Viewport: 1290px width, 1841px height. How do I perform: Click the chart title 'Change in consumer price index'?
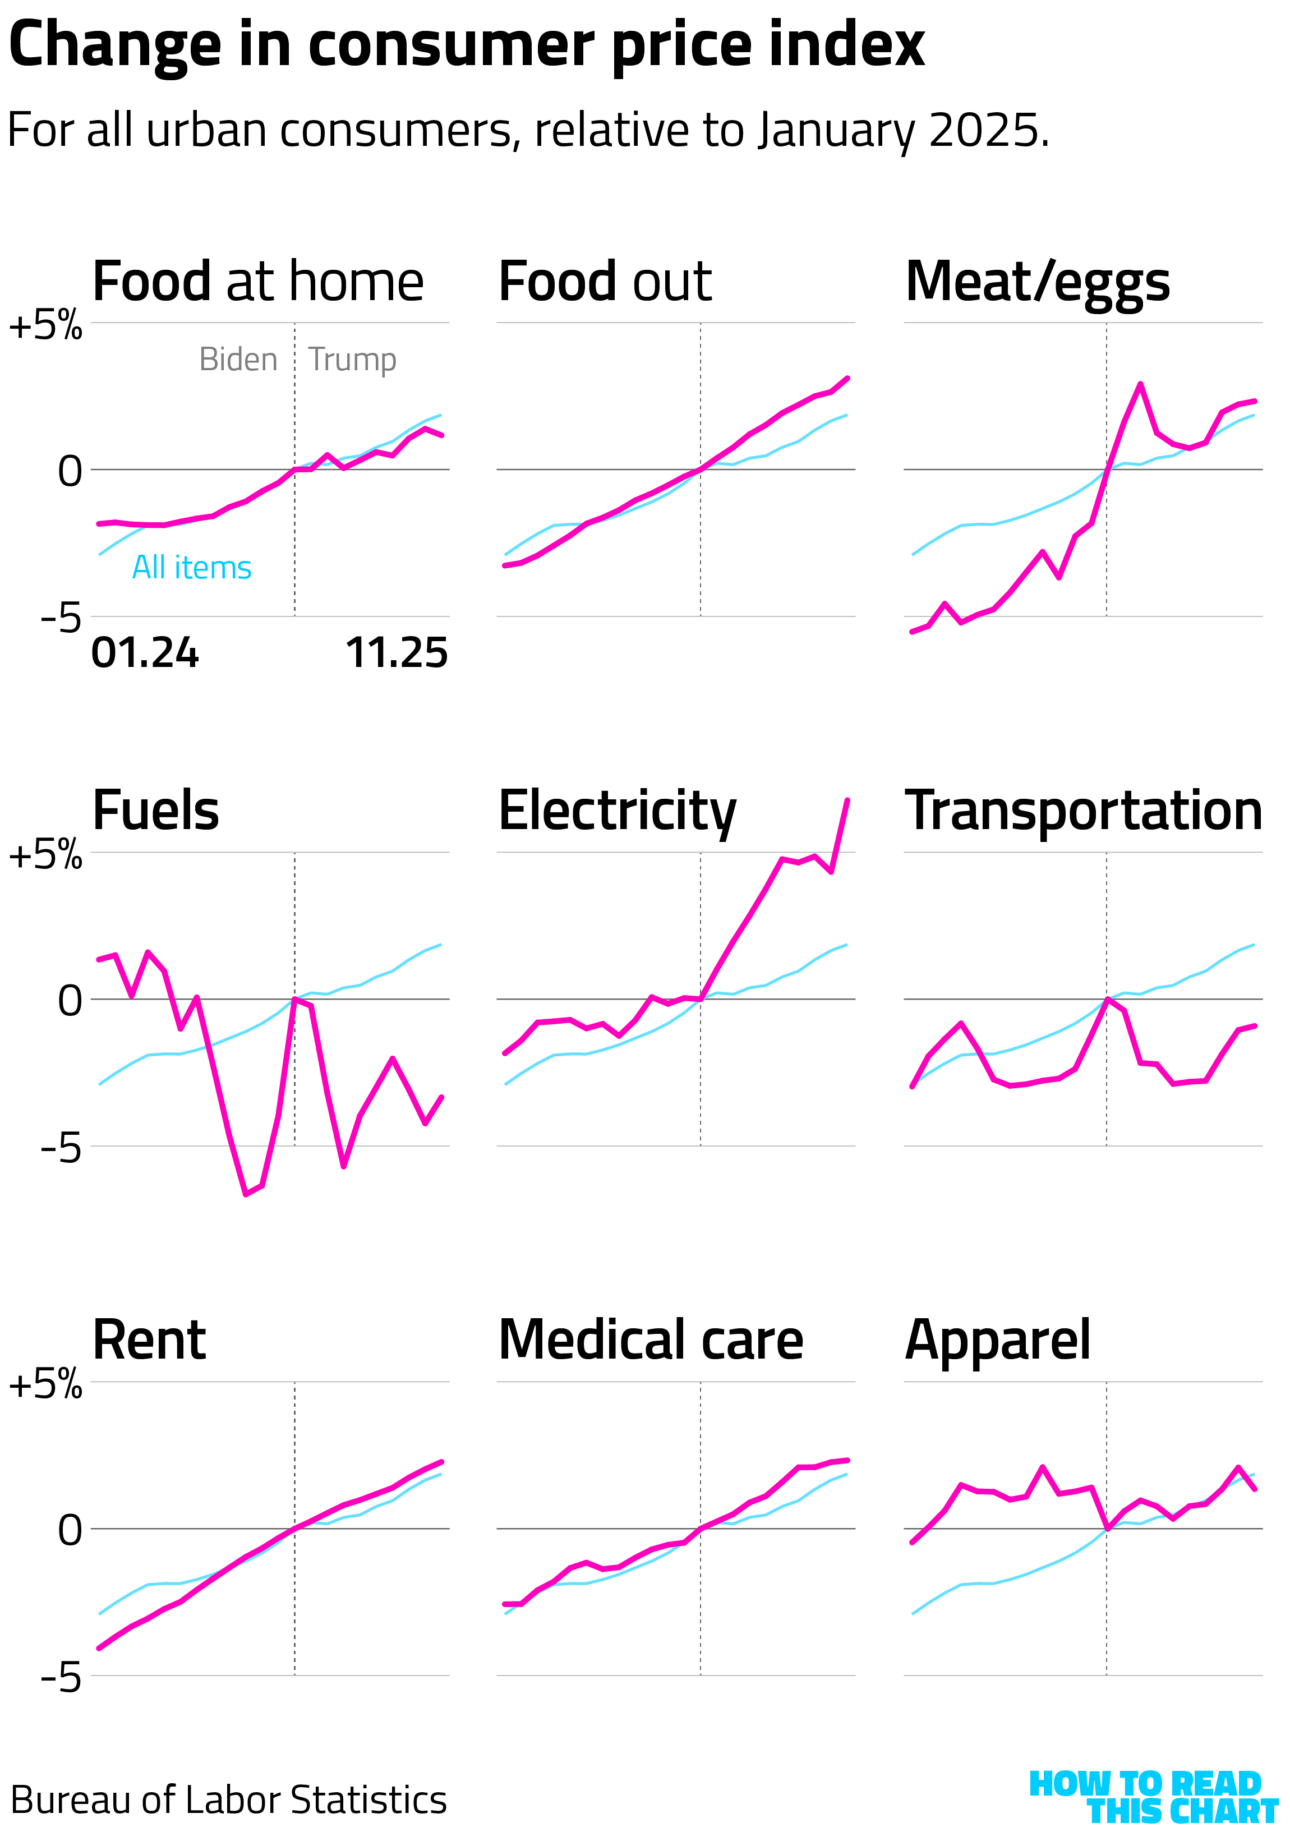466,45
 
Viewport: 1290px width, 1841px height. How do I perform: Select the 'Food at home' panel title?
257,282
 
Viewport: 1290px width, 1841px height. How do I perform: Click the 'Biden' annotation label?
238,359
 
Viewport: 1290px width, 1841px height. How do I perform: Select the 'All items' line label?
192,568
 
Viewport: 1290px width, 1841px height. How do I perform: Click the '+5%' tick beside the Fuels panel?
45,855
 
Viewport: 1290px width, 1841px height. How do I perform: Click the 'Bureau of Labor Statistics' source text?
228,1799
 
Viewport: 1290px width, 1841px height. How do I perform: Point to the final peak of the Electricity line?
847,799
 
